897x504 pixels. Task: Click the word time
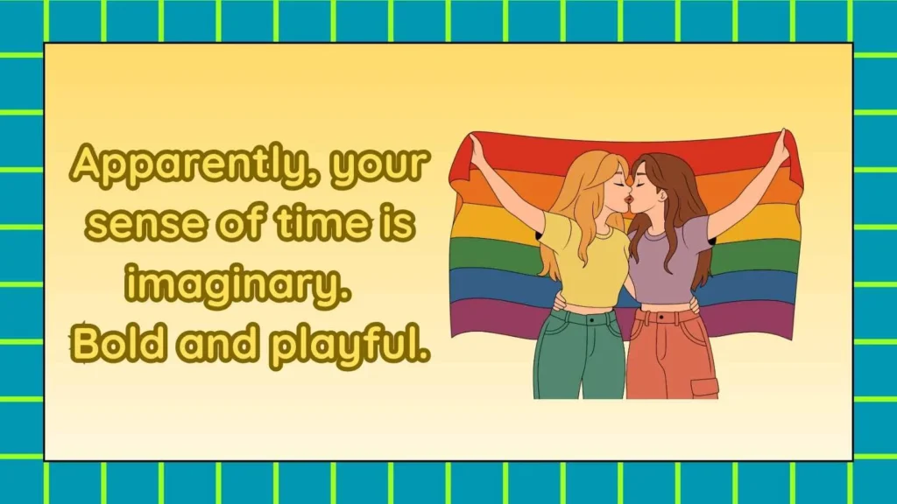326,224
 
